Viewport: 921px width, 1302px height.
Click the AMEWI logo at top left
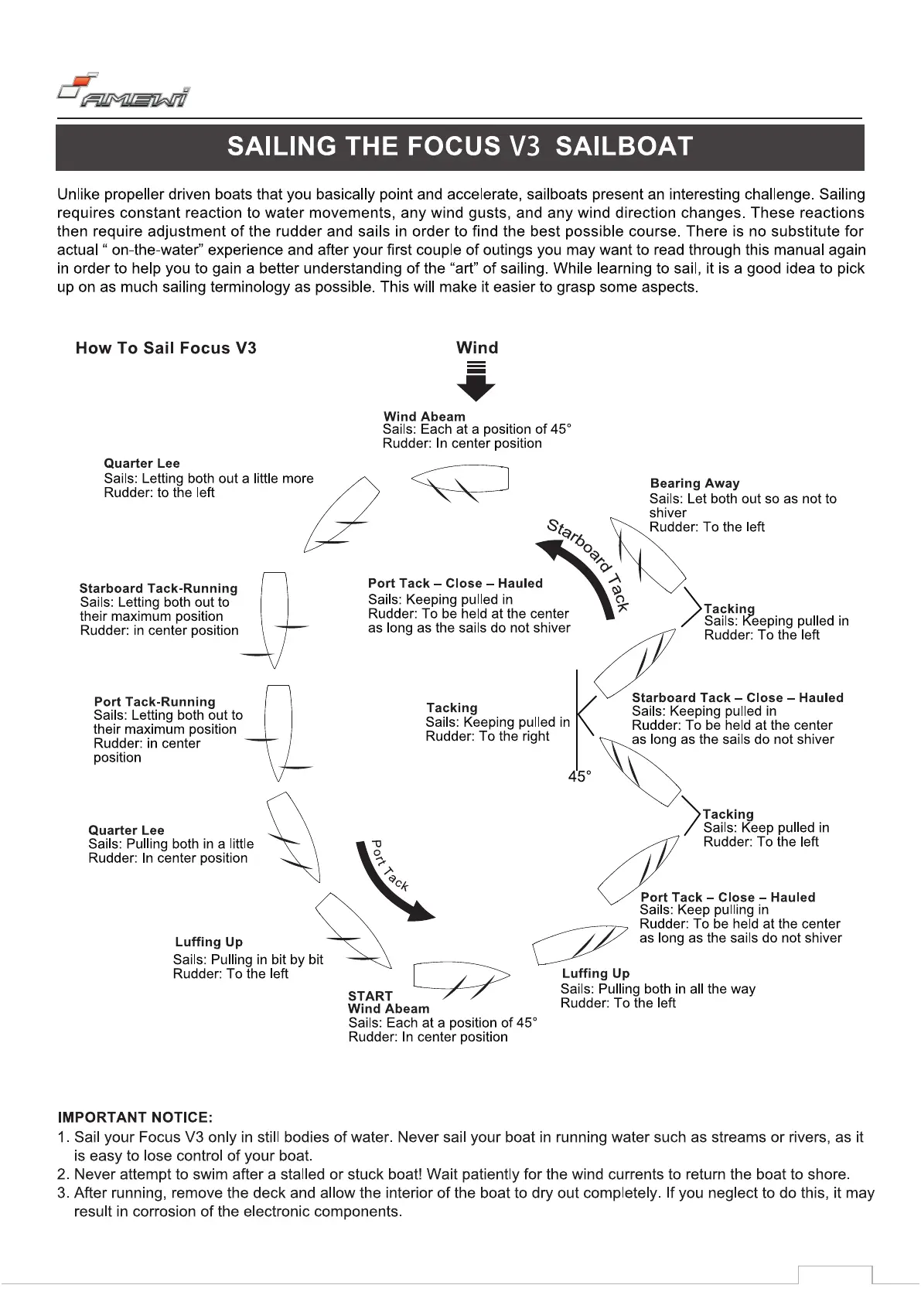coord(124,91)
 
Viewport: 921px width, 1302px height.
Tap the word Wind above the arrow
coord(477,348)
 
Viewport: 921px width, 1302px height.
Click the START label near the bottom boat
coord(370,996)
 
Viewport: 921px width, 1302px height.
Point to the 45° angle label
coord(579,776)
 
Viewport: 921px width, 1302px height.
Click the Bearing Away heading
coord(694,483)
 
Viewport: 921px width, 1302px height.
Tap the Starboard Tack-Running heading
coord(158,588)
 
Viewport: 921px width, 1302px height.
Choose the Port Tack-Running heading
coord(155,702)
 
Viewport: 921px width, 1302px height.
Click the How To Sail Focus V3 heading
coord(165,348)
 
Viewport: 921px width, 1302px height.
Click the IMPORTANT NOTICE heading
coord(135,1117)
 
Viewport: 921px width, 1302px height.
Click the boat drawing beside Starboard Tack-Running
coord(275,619)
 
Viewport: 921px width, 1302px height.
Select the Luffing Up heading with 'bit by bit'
coord(209,942)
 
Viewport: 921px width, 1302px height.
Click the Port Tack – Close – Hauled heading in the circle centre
coord(455,584)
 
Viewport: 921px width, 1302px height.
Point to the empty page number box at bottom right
coord(834,1276)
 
